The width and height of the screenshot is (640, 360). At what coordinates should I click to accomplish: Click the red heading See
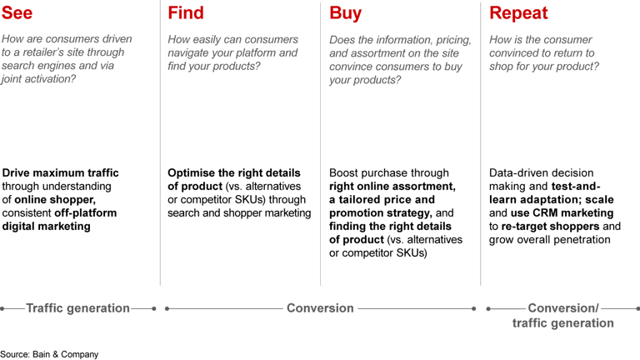coord(18,12)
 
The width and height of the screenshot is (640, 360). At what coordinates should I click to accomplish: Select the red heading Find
coord(186,12)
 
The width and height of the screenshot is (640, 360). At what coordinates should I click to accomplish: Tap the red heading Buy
coord(346,12)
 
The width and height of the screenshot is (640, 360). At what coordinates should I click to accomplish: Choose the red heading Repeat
coord(518,12)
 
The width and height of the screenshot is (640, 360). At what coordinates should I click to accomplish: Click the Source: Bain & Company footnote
coord(49,354)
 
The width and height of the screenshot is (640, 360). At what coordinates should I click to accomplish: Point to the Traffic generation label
coord(77,308)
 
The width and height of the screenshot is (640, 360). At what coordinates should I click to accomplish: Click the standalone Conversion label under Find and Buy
coord(320,308)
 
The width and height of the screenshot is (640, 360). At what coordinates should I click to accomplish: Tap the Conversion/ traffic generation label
coord(562,316)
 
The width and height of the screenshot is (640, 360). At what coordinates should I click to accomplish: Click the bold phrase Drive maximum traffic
coord(61,173)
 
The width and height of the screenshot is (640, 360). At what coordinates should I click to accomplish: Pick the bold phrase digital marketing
coord(47,227)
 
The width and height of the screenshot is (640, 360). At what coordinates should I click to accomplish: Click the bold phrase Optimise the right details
coord(230,173)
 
